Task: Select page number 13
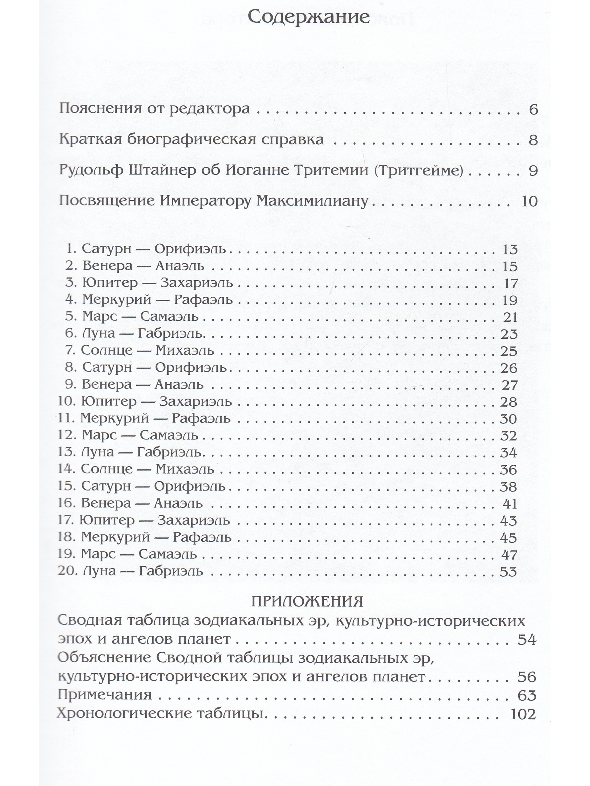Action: pos(509,249)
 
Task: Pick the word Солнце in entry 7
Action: pos(106,350)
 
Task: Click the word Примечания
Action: pos(105,694)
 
